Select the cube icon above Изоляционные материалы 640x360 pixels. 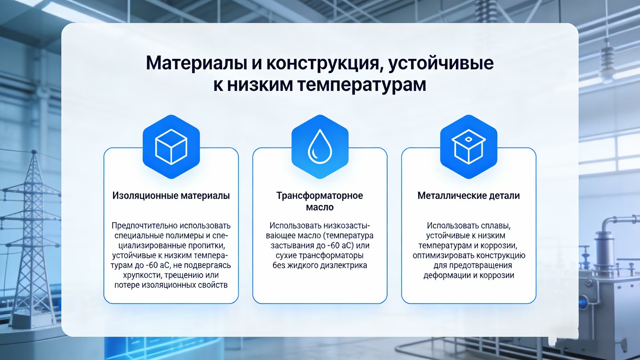(171, 147)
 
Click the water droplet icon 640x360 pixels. (320, 147)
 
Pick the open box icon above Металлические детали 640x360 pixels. (469, 147)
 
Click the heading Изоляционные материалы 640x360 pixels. (171, 196)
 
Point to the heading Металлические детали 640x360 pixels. (468, 196)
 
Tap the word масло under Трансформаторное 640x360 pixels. (320, 207)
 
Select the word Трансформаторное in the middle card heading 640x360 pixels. (320, 196)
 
